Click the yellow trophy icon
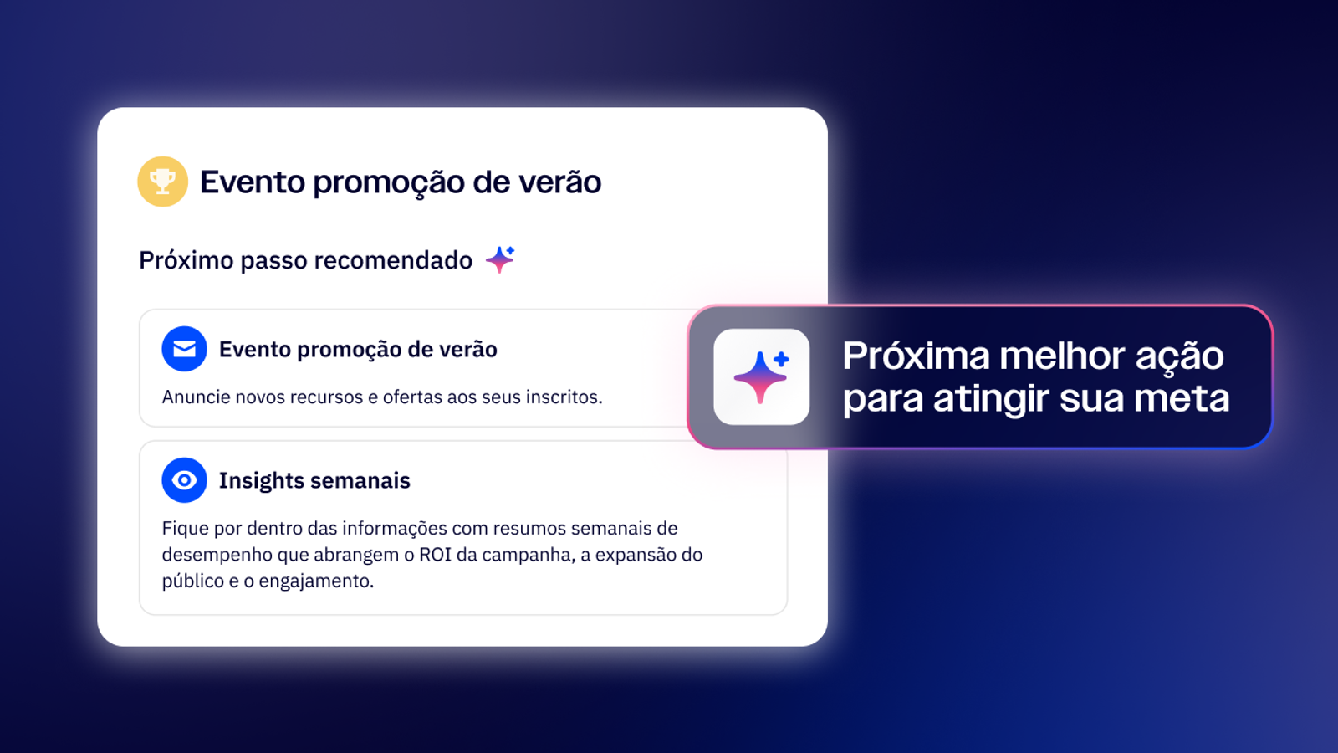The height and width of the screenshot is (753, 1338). [x=162, y=182]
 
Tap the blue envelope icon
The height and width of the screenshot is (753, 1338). [x=185, y=348]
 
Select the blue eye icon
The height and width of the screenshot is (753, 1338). [x=185, y=480]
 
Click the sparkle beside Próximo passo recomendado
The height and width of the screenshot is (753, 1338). [x=500, y=259]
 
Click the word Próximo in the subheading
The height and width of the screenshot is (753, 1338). [x=185, y=260]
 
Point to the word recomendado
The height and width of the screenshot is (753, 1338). [x=393, y=260]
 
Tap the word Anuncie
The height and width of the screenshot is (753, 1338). [x=196, y=397]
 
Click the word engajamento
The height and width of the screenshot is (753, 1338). [x=317, y=581]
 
